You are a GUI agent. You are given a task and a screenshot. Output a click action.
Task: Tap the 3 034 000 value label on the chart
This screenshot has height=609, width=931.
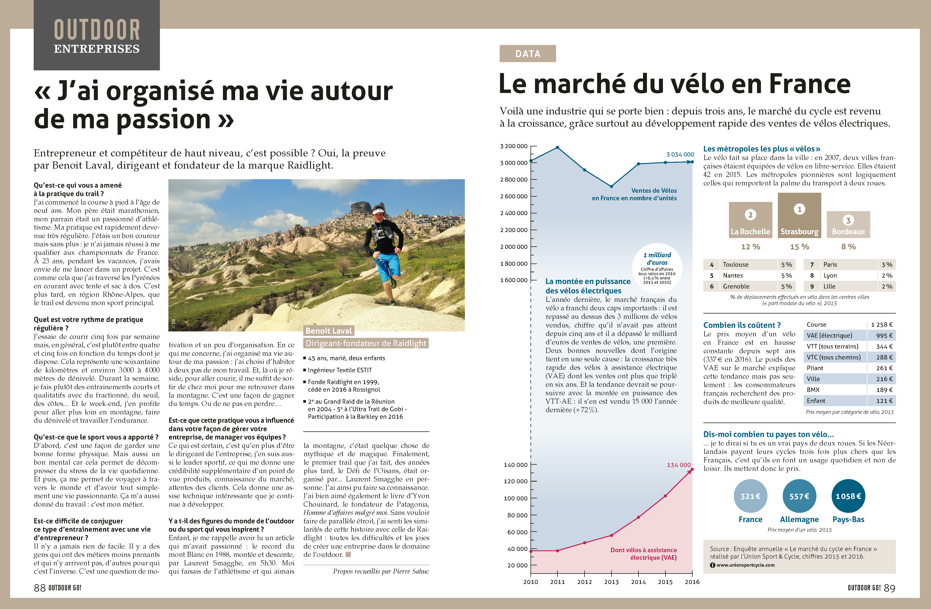[680, 155]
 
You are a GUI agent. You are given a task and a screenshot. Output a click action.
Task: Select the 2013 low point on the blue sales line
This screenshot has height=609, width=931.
[611, 186]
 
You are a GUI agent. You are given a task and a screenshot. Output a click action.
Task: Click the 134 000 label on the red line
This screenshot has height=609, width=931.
[679, 465]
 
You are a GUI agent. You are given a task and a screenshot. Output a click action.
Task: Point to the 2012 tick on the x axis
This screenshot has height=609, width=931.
[584, 582]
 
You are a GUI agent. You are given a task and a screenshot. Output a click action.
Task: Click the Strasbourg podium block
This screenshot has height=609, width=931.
[799, 215]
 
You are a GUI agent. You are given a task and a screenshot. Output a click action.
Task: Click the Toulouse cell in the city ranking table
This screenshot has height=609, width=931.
[735, 265]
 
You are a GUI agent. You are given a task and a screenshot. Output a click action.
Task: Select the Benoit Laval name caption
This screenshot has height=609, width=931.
[329, 331]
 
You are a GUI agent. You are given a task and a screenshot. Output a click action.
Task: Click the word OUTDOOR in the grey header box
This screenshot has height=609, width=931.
[97, 30]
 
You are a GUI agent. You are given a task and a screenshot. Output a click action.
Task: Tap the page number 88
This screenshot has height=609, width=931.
[40, 588]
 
